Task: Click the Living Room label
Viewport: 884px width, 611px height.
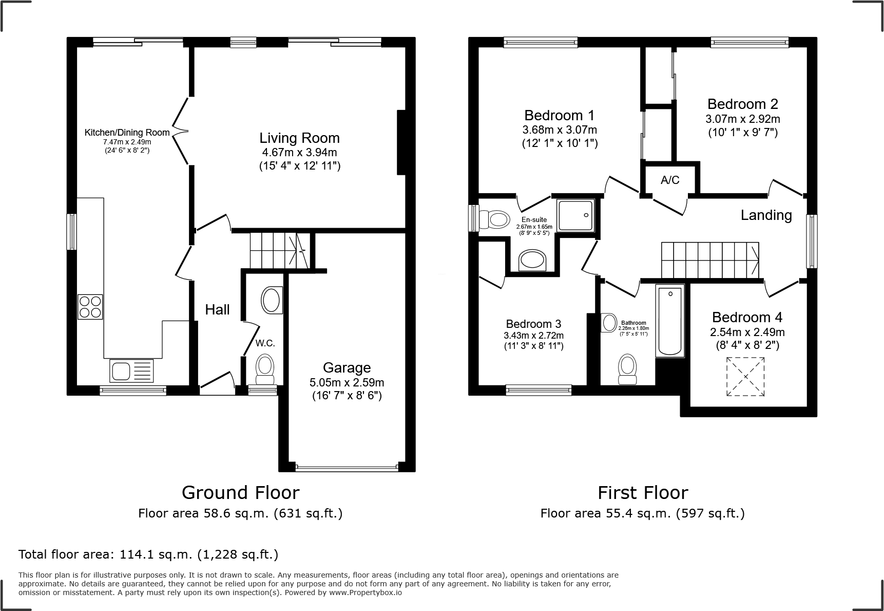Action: tap(299, 138)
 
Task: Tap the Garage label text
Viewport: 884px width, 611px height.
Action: tap(347, 367)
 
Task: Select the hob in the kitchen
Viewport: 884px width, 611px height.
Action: tap(90, 307)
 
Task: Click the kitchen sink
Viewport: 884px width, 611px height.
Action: tap(131, 371)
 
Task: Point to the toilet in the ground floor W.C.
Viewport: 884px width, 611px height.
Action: tap(265, 369)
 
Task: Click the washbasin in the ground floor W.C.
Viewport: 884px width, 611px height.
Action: tap(272, 301)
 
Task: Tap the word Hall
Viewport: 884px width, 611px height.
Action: tap(217, 309)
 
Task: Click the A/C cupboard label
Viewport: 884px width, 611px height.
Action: tap(670, 180)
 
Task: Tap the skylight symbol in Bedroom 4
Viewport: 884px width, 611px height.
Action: tap(746, 377)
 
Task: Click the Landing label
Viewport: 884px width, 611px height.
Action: tap(766, 215)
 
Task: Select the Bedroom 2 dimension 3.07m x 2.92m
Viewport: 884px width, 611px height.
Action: tap(743, 119)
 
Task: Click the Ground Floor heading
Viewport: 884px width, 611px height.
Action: tap(240, 493)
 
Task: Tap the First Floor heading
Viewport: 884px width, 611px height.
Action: tap(643, 493)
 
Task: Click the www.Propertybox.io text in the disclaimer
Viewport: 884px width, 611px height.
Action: tap(365, 593)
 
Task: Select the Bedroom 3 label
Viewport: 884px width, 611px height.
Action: tap(533, 324)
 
